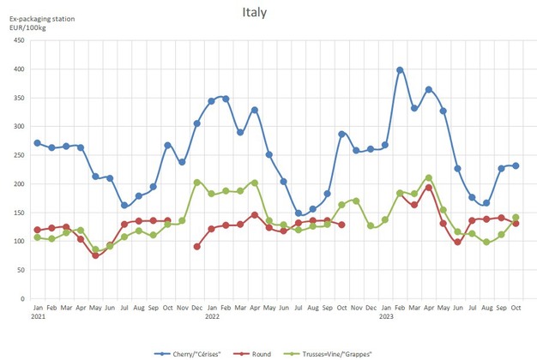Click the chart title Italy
coord(255,13)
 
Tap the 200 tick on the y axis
coord(19,183)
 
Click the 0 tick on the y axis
coord(23,298)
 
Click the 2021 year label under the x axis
coord(38,316)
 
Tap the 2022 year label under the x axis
coord(211,316)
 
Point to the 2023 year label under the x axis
coord(385,316)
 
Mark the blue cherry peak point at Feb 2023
coord(400,70)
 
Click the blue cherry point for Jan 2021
coord(38,143)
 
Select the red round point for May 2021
coord(95,255)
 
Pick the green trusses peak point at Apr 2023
coord(429,178)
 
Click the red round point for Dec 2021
coord(197,246)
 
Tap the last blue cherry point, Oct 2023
coord(516,166)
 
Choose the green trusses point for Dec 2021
coord(197,182)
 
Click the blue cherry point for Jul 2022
coord(299,213)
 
